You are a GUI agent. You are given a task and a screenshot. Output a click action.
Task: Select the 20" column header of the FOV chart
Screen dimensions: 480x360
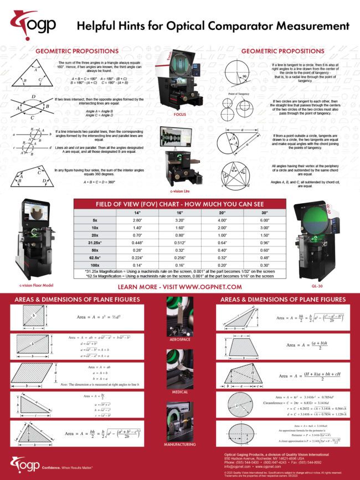tap(222, 212)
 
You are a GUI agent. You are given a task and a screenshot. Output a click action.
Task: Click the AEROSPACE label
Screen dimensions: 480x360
tap(179, 339)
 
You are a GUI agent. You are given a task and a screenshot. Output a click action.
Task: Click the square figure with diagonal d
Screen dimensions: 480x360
tap(32, 316)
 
